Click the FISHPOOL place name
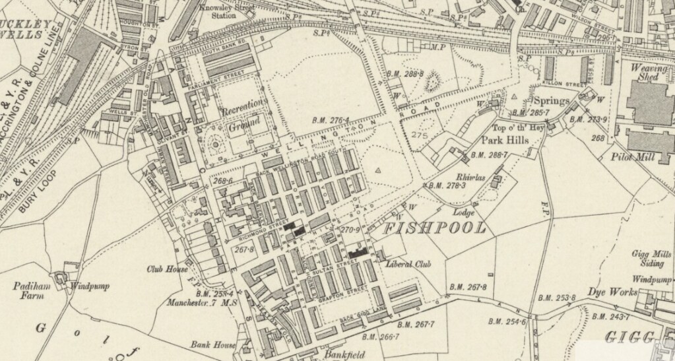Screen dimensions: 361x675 click(435, 229)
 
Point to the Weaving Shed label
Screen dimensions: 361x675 click(649, 73)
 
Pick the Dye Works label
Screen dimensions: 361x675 click(612, 292)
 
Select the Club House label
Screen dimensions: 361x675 click(167, 269)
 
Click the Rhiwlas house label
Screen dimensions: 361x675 click(470, 177)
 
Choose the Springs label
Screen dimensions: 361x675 click(551, 101)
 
